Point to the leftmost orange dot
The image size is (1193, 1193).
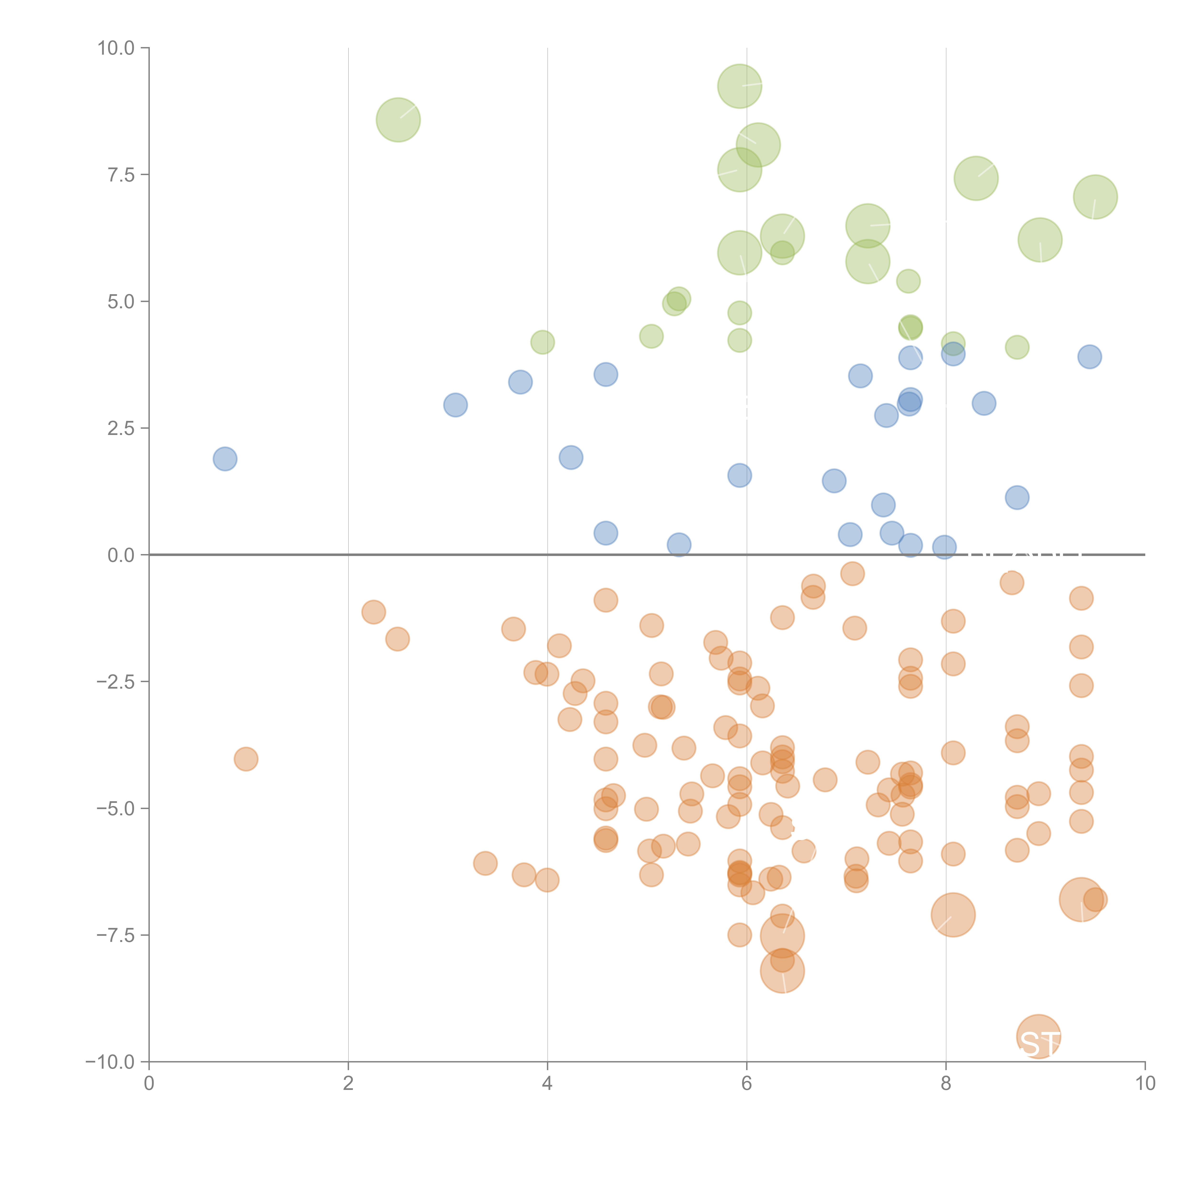point(246,759)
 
